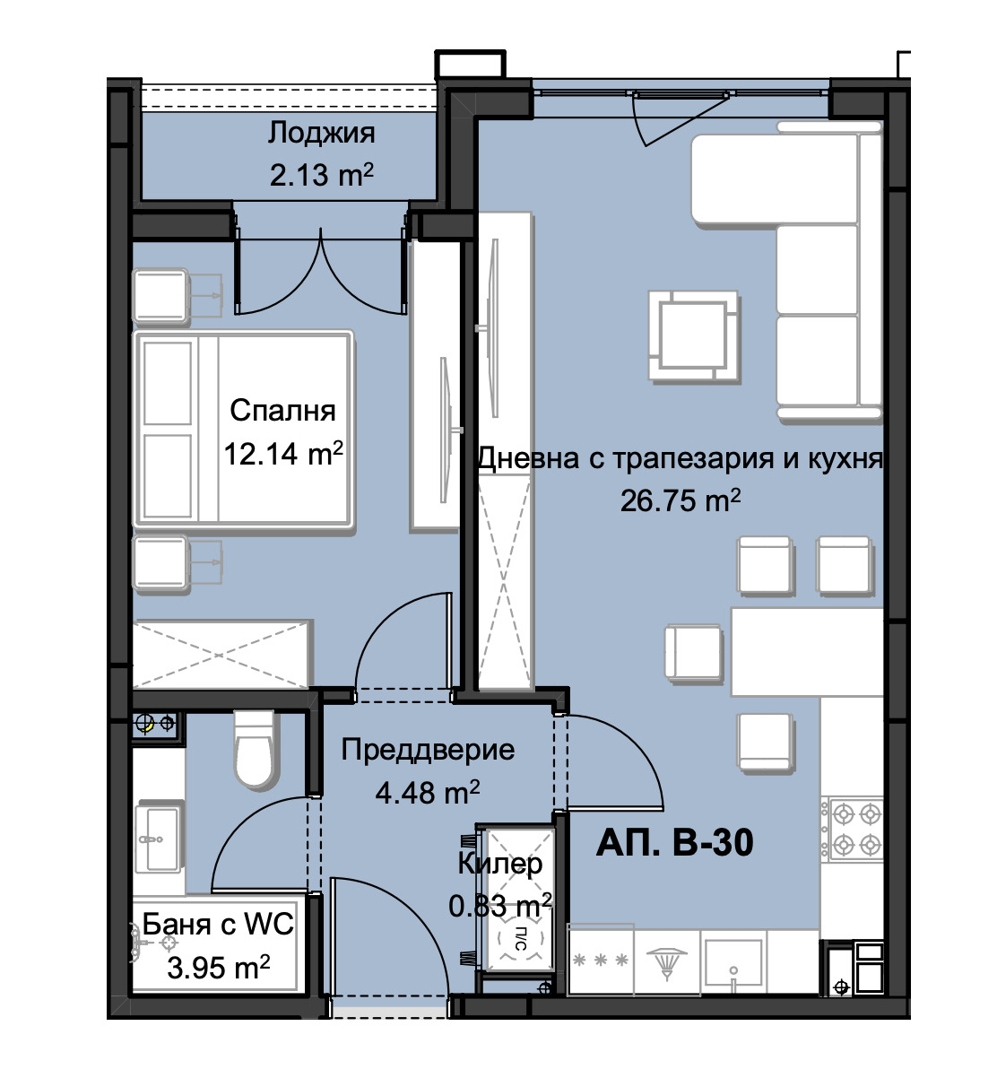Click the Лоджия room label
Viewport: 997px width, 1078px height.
[321, 134]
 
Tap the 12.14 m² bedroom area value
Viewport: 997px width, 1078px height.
[283, 454]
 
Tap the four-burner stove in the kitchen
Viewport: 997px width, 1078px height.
[852, 830]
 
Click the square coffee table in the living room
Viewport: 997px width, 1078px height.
[694, 336]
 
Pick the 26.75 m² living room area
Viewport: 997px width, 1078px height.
[680, 500]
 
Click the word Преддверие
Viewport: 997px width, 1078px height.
[428, 751]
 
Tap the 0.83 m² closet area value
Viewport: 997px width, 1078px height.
[500, 906]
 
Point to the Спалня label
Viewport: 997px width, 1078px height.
[282, 411]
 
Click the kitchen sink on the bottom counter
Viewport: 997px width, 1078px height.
[733, 960]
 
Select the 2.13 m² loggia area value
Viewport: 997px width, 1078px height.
[321, 175]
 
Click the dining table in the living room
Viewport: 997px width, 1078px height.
[807, 652]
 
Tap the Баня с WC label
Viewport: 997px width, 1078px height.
[218, 924]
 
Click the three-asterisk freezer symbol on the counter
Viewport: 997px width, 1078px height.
[601, 961]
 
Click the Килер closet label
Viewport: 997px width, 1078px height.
[500, 864]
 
